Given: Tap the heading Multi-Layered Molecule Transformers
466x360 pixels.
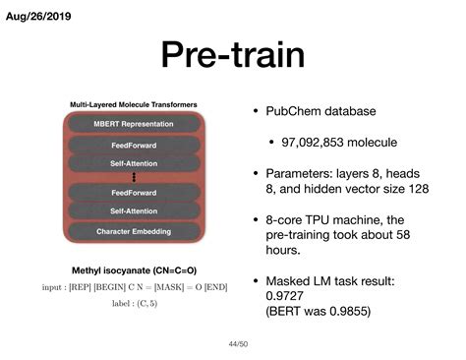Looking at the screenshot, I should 134,104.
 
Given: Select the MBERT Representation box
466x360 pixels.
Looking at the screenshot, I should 134,124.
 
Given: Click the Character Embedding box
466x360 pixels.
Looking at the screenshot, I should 134,231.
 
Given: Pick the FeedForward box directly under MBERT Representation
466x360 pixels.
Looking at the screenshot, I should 134,145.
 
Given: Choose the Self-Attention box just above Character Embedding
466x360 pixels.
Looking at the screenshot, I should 134,210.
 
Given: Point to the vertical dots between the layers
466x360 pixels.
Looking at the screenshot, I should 134,177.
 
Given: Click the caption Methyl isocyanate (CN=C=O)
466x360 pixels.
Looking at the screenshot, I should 134,270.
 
